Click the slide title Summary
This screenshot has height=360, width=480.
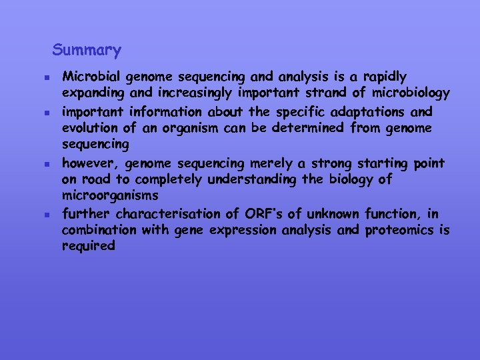pos(87,50)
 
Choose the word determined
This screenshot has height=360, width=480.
pos(309,128)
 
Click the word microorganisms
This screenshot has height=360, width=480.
pos(110,196)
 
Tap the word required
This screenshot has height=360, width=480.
pos(88,247)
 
